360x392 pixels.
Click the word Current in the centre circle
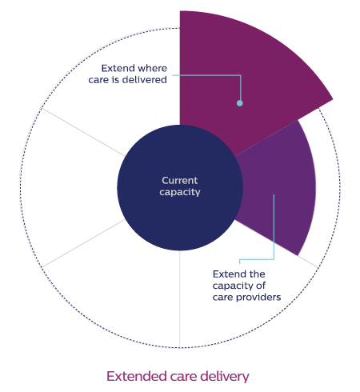click(180, 181)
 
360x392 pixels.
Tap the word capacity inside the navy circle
click(180, 192)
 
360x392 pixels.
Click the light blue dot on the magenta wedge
click(240, 103)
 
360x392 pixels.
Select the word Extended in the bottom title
click(137, 376)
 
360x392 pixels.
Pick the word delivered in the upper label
click(144, 80)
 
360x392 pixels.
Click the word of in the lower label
click(261, 286)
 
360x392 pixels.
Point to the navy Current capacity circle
click(180, 188)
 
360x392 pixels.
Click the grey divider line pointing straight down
click(180, 299)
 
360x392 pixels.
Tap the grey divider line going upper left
click(83, 132)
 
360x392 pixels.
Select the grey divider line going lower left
click(83, 243)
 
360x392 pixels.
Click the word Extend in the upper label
click(114, 68)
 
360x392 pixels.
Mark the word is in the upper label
click(115, 80)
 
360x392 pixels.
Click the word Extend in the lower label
click(226, 274)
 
